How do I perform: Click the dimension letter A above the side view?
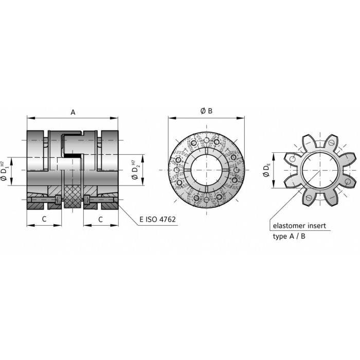pos(73,112)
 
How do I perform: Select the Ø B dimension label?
pos(206,111)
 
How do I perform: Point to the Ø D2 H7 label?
pos(136,170)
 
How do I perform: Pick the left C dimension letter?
pos(44,219)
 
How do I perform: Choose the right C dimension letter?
pos(100,220)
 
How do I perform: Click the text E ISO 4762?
pos(157,219)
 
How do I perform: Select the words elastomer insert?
pos(299,226)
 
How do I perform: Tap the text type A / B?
pos(289,236)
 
